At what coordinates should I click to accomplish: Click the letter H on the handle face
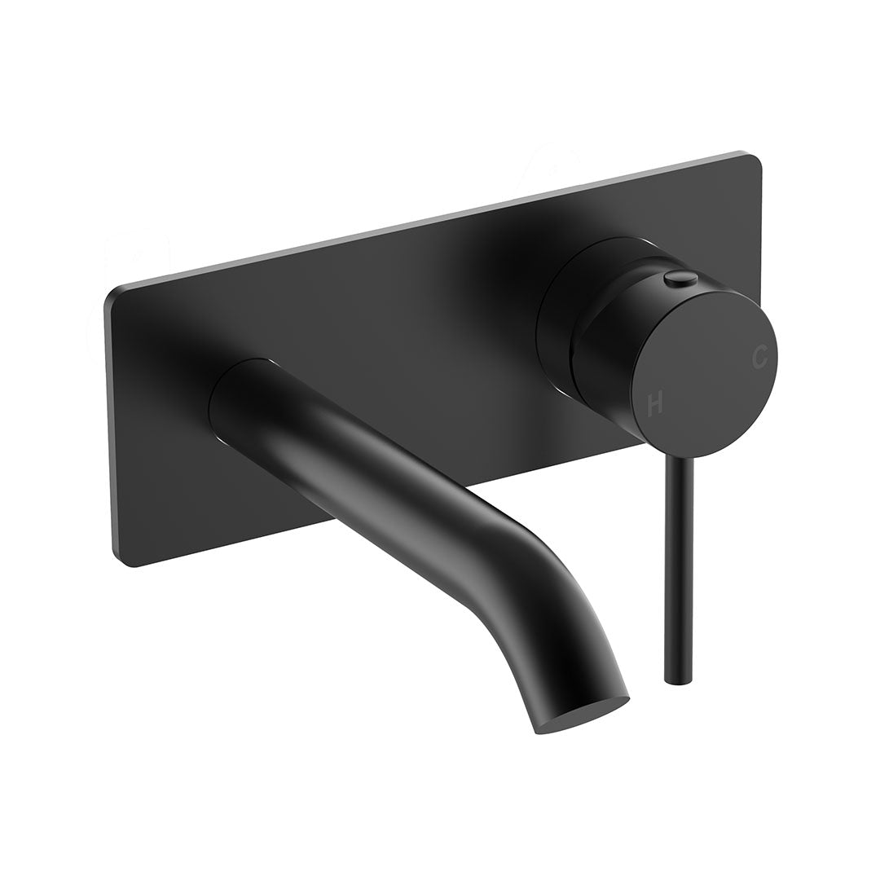coord(655,403)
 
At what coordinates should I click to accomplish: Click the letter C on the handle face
coord(759,356)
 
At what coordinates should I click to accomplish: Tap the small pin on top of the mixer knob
coord(680,279)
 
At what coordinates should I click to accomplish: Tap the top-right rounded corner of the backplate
coord(753,161)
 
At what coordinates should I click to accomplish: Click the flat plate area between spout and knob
coord(424,326)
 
